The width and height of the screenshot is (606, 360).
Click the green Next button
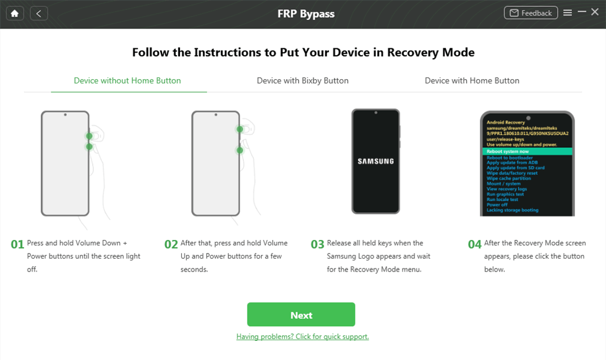click(301, 314)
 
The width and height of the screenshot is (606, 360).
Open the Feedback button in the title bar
click(531, 13)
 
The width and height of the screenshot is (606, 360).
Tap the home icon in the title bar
click(15, 13)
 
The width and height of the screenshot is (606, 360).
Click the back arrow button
click(38, 13)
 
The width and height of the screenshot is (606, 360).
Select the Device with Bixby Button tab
click(302, 80)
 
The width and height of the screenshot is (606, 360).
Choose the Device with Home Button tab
click(472, 80)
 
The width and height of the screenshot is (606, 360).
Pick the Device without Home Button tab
click(127, 80)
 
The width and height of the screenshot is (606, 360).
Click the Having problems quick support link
click(302, 336)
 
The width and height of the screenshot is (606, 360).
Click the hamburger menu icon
click(568, 13)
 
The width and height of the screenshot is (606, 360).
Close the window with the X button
click(595, 12)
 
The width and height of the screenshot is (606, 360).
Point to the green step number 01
click(17, 244)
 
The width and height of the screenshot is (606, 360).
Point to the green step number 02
click(171, 244)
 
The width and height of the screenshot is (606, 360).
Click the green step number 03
click(317, 244)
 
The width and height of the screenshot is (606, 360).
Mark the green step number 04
click(474, 244)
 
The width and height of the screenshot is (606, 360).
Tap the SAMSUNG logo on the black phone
click(375, 161)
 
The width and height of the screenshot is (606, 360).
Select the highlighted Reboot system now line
click(527, 152)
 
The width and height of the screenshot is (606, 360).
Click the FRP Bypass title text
click(306, 14)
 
